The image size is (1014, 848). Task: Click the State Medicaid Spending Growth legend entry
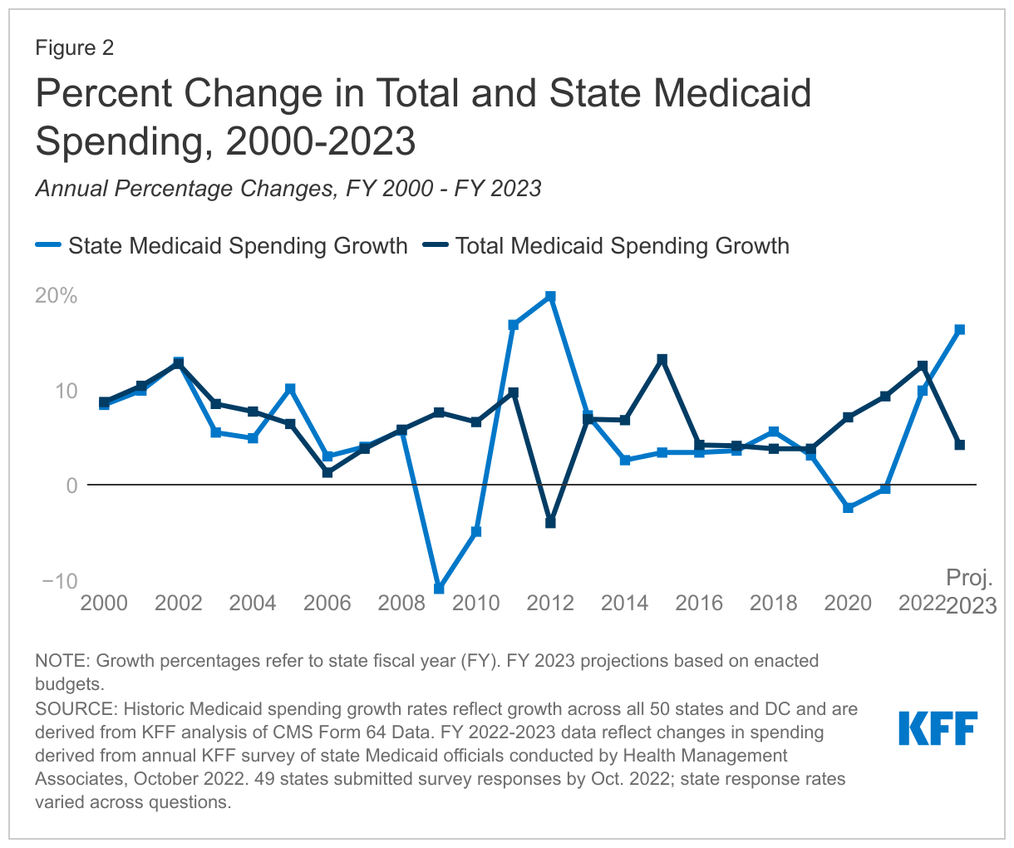[x=222, y=246]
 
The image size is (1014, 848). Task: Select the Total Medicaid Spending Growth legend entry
[x=607, y=246]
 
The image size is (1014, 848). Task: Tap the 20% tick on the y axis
[x=57, y=296]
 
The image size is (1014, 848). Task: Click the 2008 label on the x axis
[x=401, y=603]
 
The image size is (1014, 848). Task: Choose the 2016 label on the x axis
[x=699, y=603]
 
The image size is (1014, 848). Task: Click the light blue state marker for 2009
[x=439, y=589]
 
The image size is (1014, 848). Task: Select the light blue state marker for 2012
[x=550, y=297]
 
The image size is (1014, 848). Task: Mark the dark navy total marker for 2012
[x=550, y=523]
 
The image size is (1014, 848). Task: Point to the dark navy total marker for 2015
[x=662, y=360]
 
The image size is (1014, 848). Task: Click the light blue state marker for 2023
[x=960, y=330]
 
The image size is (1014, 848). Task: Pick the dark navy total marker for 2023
[x=960, y=445]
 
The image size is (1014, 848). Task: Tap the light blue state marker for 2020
[x=848, y=508]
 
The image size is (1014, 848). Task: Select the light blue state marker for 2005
[x=290, y=389]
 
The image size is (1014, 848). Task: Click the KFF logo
[x=938, y=728]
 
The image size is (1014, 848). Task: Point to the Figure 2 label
[x=75, y=48]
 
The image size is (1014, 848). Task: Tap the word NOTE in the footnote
[x=62, y=661]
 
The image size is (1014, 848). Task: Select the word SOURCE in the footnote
[x=75, y=709]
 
